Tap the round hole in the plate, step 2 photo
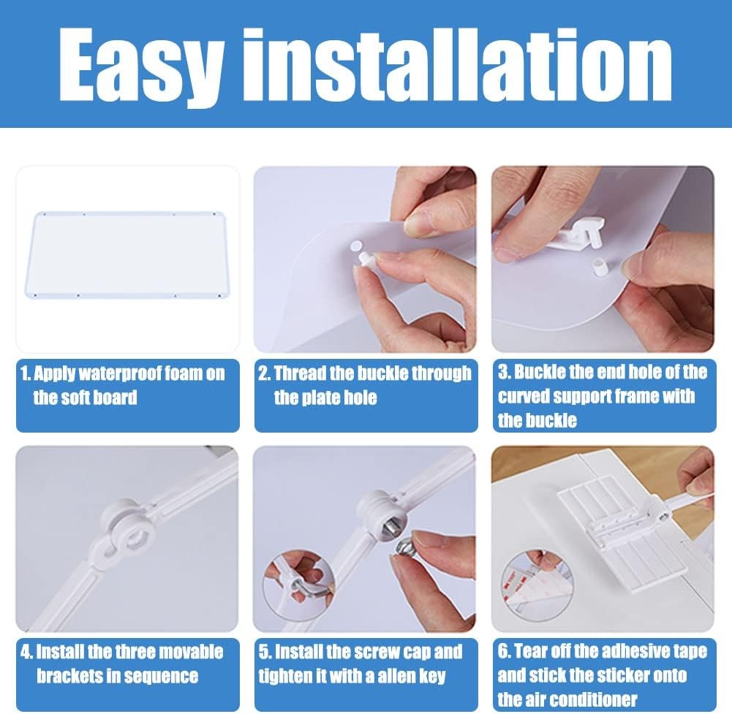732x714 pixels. pyautogui.click(x=356, y=245)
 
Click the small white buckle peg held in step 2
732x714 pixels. pyautogui.click(x=365, y=258)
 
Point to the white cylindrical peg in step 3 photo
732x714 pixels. pyautogui.click(x=597, y=268)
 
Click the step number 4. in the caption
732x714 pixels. pyautogui.click(x=27, y=652)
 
